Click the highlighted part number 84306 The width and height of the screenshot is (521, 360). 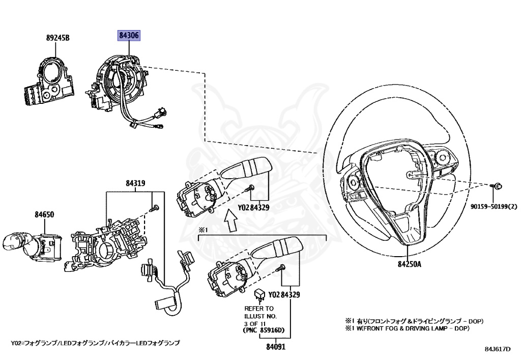(129, 36)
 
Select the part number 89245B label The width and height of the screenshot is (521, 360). (57, 38)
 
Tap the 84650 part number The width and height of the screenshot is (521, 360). (44, 215)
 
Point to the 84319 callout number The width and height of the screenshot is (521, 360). (136, 184)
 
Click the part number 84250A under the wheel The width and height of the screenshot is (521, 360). (407, 264)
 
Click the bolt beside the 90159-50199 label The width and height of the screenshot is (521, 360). (497, 187)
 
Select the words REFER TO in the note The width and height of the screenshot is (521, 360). (259, 309)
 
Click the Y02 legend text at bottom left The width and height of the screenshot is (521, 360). (96, 343)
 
